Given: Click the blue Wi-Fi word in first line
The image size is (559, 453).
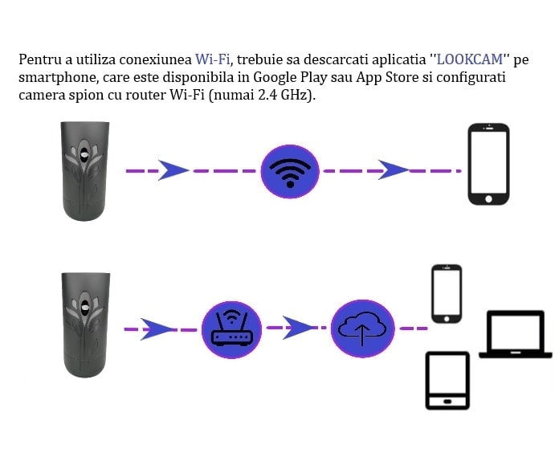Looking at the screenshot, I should (x=212, y=59).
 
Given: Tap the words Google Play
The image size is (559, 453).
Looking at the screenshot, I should (x=285, y=77).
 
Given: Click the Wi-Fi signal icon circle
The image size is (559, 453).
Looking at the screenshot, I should (x=291, y=171).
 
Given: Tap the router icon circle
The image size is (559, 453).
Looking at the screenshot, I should (x=231, y=328).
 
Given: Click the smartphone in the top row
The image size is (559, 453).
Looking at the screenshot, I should (x=488, y=164).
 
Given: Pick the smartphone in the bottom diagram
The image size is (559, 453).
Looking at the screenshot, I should (x=447, y=294).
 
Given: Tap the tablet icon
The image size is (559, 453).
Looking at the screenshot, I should (x=447, y=381).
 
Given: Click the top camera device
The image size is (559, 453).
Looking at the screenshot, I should (x=84, y=170).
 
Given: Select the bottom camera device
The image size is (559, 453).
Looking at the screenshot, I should (x=84, y=324).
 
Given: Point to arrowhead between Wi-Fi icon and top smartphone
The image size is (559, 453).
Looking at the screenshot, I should (x=393, y=170).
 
